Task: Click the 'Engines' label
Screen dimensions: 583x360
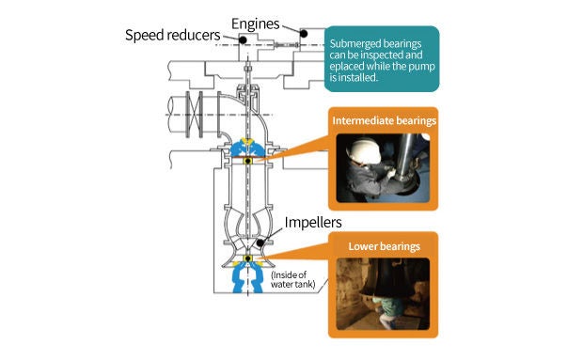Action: point(255,24)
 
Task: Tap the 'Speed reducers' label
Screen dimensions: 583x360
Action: point(172,36)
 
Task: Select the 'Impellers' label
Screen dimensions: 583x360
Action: point(313,223)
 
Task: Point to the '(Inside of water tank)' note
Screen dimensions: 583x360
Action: point(293,280)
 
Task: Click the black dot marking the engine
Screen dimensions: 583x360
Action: point(304,34)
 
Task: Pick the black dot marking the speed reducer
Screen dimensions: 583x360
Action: point(243,39)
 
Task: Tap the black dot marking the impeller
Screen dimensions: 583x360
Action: point(260,243)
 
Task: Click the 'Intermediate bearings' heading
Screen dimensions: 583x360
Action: point(384,121)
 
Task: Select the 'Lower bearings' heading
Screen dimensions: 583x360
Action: point(384,246)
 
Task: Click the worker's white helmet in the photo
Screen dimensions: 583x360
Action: point(363,151)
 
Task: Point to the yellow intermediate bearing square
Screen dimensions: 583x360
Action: point(247,161)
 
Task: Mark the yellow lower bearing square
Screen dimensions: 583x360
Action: point(247,258)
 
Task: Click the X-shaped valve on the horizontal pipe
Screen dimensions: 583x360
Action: point(194,115)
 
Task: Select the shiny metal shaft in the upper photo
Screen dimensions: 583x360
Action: point(406,158)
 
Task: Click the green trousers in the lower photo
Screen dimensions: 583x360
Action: point(389,307)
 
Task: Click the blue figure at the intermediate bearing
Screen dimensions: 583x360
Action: point(247,148)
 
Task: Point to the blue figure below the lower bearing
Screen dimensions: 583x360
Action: point(247,276)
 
